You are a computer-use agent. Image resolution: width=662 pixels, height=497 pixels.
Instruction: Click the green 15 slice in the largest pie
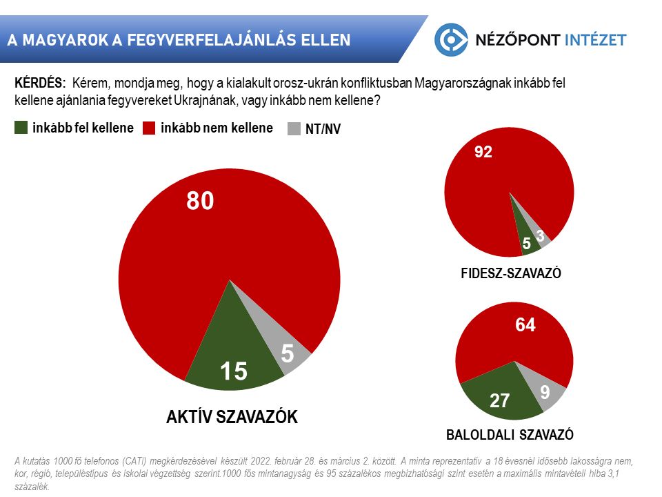coord(233,352)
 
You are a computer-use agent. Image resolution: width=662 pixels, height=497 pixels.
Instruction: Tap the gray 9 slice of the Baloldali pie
coord(545,392)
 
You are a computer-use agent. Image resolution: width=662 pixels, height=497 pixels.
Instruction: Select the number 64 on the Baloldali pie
coord(525,325)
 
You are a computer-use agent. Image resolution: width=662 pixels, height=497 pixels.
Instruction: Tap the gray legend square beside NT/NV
coord(294,128)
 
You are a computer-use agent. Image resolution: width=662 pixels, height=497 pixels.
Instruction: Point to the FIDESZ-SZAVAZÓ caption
coord(510,273)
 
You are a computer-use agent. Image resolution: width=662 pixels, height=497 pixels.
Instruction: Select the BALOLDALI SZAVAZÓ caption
coord(510,435)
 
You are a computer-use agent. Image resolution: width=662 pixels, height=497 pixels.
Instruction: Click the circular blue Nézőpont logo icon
coord(451,39)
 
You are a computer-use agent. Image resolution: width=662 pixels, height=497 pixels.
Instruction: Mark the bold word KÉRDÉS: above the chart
coord(40,82)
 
